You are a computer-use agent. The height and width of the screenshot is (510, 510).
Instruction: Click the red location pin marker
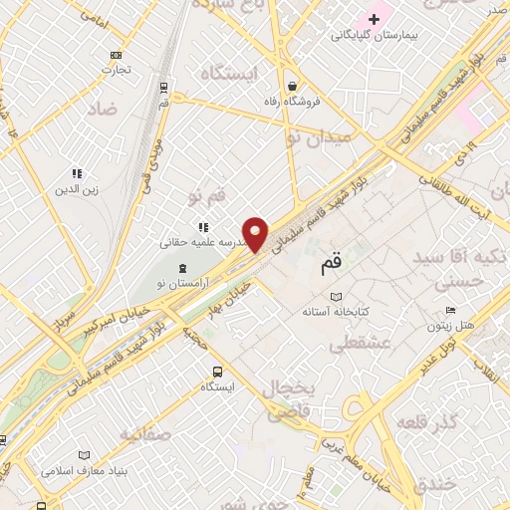256,234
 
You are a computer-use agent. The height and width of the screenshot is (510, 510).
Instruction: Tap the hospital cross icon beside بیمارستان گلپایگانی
375,19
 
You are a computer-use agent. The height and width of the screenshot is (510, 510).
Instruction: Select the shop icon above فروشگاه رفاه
291,85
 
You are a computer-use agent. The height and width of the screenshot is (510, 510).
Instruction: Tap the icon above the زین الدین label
77,173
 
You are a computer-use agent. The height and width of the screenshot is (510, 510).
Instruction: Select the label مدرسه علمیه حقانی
199,242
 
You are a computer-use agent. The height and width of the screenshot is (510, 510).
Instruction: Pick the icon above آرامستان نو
181,268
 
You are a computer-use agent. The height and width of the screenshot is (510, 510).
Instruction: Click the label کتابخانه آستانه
336,312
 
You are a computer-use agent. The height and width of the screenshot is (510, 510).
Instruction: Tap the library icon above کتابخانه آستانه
336,297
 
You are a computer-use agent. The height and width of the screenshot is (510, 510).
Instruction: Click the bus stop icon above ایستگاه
217,372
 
